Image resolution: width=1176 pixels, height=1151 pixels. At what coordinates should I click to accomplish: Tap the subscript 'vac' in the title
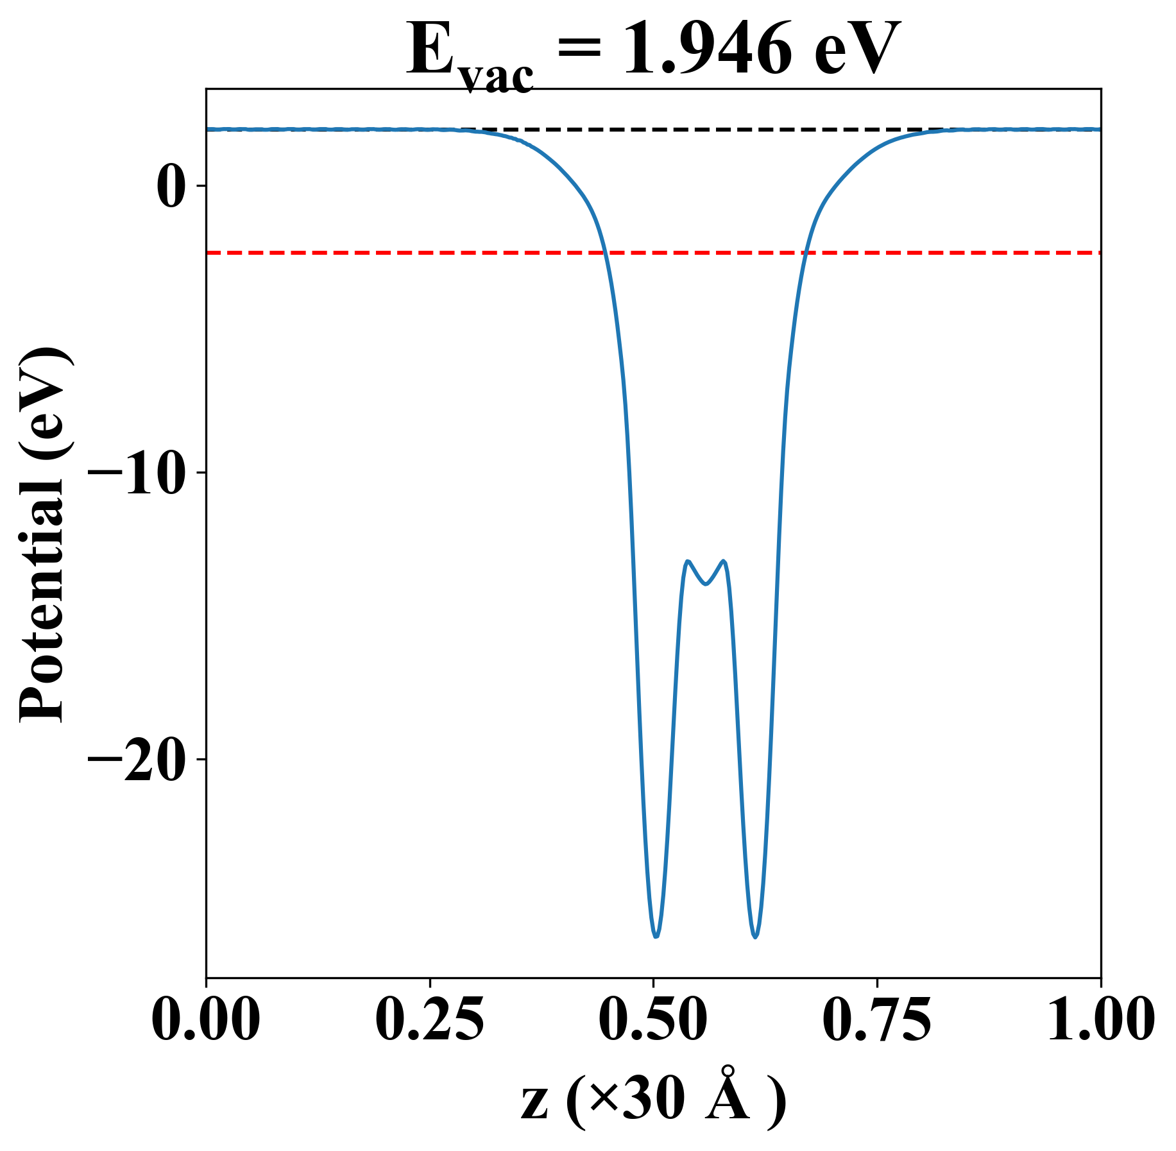point(498,77)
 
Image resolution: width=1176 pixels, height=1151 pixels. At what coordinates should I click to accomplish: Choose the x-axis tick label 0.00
point(206,1020)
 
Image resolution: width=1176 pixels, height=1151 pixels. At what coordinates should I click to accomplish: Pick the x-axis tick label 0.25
point(429,1020)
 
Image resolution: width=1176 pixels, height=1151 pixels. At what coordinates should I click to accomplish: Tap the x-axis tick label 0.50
point(653,1020)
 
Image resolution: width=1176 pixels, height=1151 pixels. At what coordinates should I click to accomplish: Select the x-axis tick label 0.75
point(876,1020)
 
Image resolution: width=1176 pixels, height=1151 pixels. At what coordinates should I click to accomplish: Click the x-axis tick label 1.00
point(1100,1020)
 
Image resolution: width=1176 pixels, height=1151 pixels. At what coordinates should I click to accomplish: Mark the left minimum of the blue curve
point(656,937)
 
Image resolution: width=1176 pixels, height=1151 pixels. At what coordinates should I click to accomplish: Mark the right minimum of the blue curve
point(756,937)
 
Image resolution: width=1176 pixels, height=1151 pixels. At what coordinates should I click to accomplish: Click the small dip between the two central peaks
point(706,584)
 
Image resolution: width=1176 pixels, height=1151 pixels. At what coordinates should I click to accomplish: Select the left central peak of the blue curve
point(687,561)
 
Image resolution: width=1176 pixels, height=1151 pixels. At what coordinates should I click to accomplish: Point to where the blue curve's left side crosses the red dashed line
point(604,253)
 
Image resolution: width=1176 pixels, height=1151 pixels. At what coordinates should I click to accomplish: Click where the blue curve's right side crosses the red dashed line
point(806,253)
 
